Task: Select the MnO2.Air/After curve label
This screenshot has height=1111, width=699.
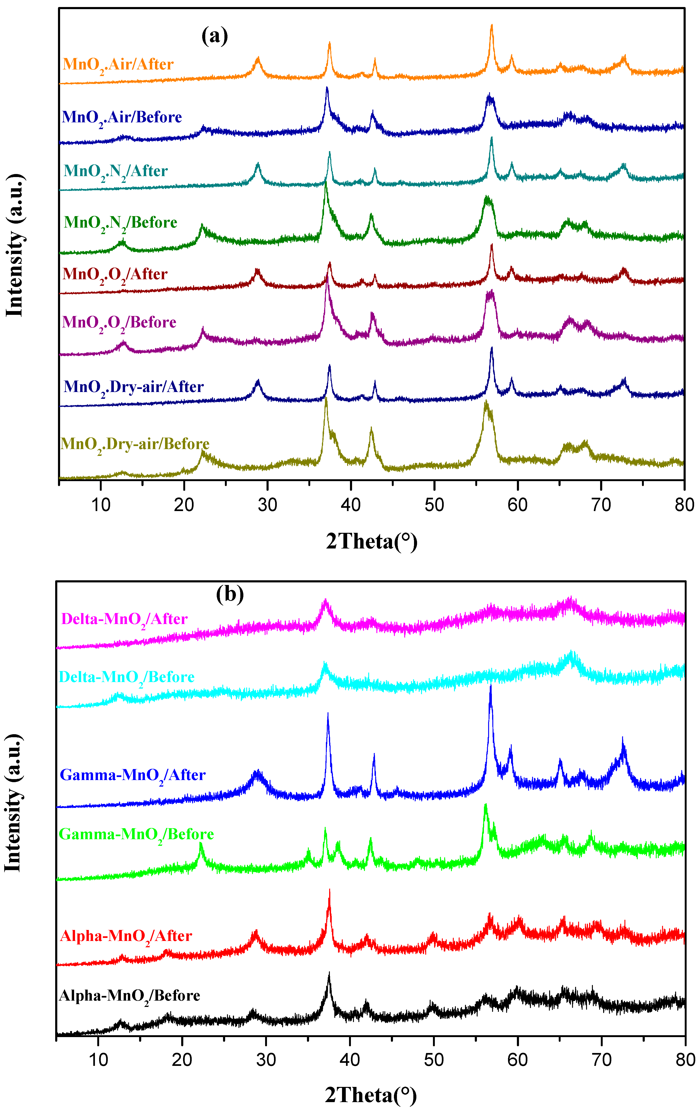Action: pos(118,65)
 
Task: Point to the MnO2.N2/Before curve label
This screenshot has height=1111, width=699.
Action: pos(120,223)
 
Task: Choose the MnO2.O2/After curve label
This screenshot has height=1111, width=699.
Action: pos(115,275)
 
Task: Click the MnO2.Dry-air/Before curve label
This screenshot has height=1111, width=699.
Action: pos(135,444)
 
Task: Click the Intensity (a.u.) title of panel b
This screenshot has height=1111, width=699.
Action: pos(14,803)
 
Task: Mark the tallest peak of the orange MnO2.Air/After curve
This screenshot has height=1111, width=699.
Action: pos(491,26)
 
